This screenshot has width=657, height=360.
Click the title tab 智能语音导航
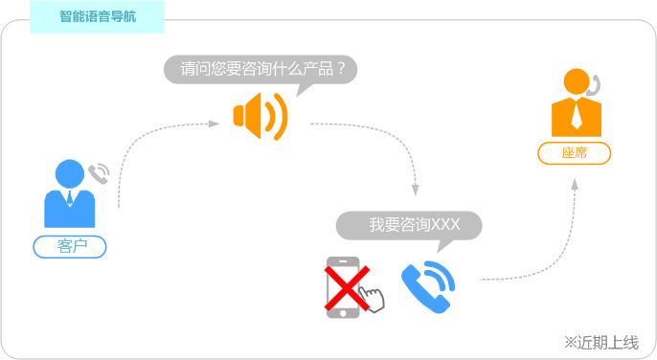[97, 17]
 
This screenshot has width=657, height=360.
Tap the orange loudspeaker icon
[259, 116]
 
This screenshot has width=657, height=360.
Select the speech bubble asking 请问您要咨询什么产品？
[261, 69]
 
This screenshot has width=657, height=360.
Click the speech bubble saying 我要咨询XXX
[409, 225]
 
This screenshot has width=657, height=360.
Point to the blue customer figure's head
[69, 173]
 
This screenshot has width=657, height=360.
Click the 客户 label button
[70, 247]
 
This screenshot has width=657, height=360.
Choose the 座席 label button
[575, 153]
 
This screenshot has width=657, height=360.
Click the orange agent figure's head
[577, 83]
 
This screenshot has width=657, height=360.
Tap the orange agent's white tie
[576, 116]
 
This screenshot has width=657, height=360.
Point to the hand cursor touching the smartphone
[373, 300]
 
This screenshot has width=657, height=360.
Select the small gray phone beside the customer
[99, 173]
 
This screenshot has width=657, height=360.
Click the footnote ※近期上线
[600, 342]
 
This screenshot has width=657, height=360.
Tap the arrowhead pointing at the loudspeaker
[215, 124]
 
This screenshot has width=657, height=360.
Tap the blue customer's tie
[69, 199]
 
